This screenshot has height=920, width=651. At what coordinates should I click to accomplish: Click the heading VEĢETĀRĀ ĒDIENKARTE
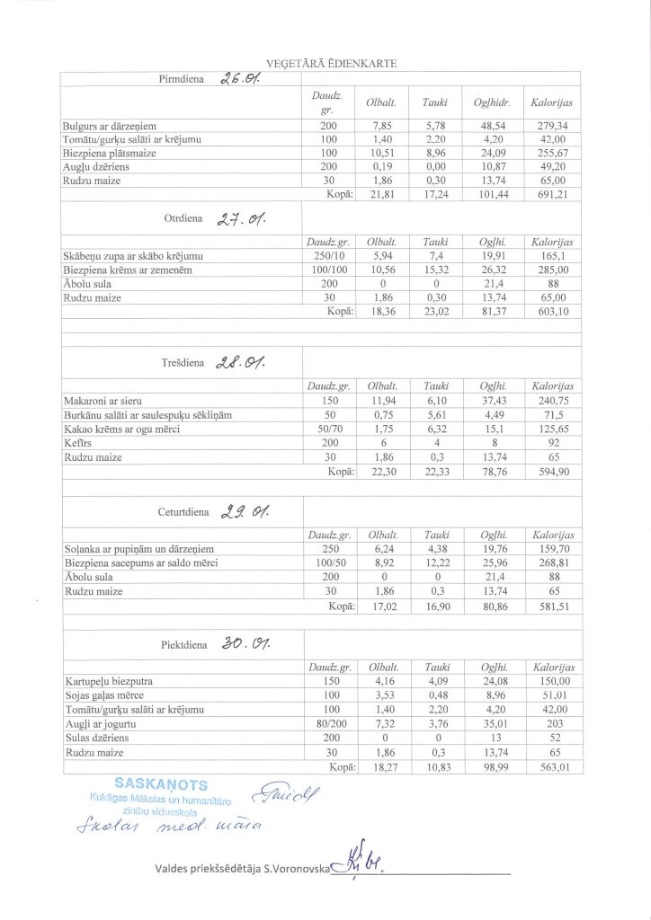325,63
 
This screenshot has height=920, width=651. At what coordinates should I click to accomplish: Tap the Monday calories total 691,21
552,193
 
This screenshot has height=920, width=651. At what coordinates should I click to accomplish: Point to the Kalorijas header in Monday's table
552,104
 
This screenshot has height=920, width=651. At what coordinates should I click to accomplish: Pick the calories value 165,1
552,257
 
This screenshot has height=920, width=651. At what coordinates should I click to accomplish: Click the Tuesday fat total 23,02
435,311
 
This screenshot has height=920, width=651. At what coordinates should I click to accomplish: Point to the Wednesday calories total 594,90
552,471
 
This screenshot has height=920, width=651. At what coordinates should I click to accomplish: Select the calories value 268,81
552,563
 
